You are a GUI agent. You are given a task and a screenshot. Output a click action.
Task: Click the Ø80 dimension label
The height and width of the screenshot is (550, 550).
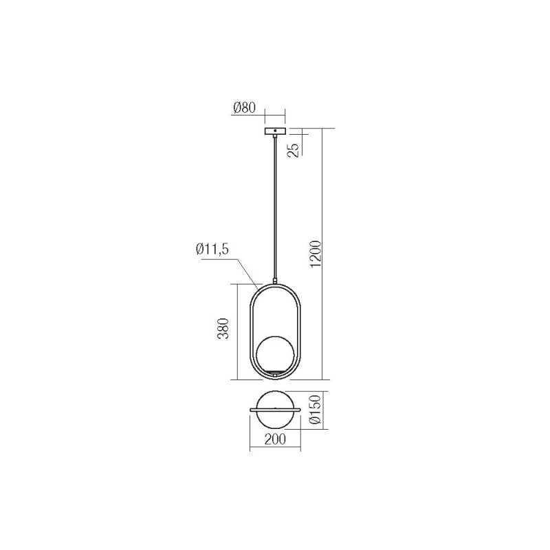tap(244, 108)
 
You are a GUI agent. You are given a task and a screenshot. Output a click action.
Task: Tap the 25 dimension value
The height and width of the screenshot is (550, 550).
tap(294, 149)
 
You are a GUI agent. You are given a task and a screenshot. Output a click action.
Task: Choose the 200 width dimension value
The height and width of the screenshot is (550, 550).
tap(275, 441)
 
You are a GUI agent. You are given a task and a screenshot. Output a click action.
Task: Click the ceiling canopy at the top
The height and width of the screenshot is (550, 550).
tap(275, 131)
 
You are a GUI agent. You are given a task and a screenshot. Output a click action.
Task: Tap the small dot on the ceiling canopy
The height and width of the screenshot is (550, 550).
tap(275, 130)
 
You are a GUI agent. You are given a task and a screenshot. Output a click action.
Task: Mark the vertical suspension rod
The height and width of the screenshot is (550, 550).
tap(275, 206)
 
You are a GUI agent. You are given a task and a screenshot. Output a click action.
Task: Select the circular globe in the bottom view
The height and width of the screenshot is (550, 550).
tap(275, 400)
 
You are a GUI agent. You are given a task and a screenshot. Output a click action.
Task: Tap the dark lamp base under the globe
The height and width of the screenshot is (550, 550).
tap(276, 373)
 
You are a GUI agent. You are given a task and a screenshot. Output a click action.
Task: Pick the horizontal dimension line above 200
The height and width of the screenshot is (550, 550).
tap(275, 431)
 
